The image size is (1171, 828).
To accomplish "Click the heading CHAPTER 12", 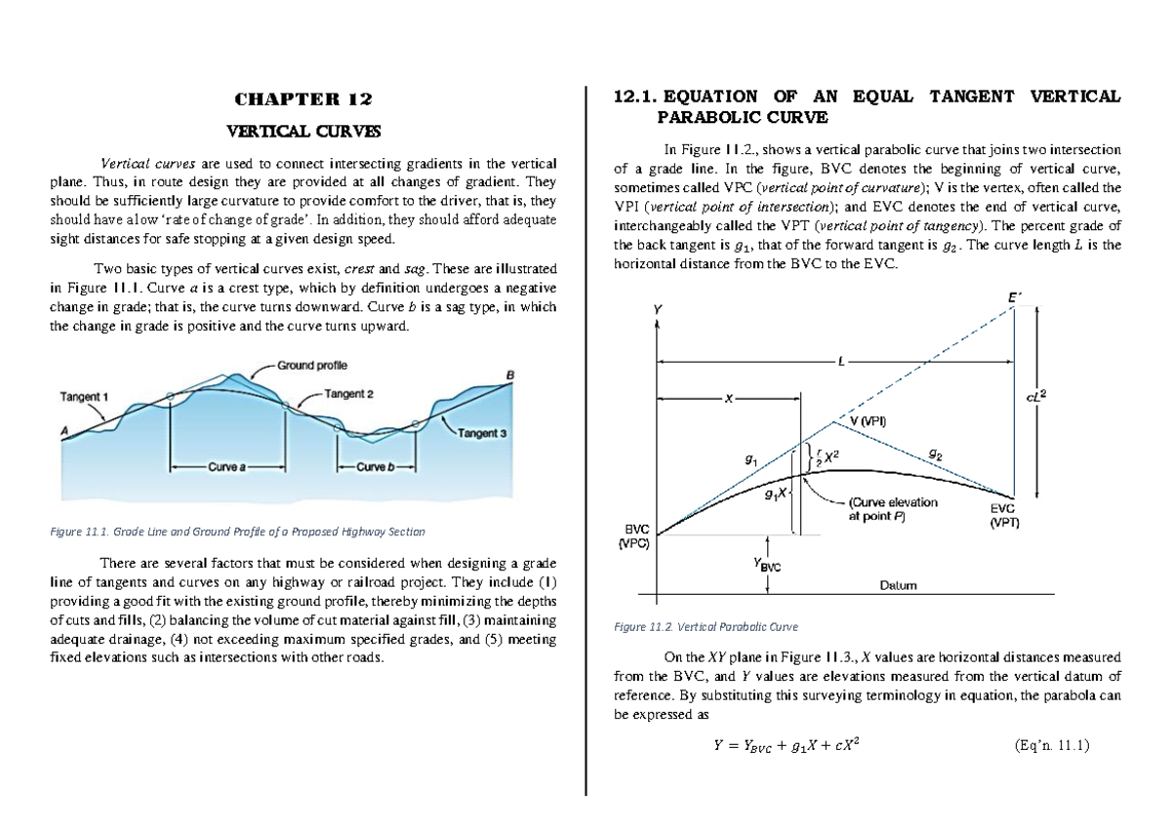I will click(303, 99).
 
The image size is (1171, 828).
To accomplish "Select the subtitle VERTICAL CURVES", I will click(303, 130).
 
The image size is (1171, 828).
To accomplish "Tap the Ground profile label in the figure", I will click(312, 365).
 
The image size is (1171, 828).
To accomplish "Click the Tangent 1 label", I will click(85, 396).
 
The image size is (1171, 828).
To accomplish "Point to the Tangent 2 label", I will click(347, 394).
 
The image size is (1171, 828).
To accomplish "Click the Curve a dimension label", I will click(226, 467).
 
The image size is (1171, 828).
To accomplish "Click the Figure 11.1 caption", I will click(236, 532).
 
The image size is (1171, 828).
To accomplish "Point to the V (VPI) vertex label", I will click(863, 420).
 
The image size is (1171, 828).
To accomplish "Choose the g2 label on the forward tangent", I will click(935, 453).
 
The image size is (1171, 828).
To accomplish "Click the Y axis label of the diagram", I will click(657, 309).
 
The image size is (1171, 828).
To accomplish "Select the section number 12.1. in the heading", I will click(635, 97).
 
